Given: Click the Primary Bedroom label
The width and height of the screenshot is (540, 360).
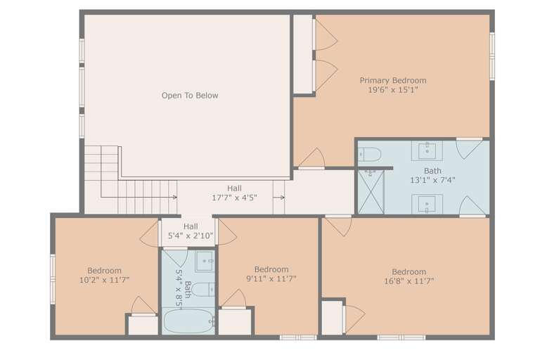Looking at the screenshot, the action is (393, 81).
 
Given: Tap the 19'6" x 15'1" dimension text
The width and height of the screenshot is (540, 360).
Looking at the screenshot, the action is (393, 90).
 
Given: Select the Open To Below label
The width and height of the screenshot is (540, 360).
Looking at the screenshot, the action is (190, 96).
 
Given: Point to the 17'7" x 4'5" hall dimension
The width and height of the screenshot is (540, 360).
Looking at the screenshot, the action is (234, 198).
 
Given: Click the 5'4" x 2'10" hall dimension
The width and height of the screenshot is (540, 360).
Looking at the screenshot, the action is (191, 236).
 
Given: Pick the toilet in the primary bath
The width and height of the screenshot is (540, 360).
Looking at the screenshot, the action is (370, 154).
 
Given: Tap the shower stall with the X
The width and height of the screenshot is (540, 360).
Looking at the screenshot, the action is (371, 192).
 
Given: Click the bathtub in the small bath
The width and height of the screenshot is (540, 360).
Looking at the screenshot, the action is (188, 321).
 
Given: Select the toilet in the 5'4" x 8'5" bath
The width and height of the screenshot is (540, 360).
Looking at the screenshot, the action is (203, 290).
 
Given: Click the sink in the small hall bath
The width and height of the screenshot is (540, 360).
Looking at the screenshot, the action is (205, 262).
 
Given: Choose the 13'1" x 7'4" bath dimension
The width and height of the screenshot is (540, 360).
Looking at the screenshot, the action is (432, 180).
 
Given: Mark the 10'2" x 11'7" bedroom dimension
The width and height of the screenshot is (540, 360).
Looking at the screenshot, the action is (104, 280).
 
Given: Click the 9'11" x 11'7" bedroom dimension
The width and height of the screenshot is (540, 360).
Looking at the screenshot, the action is (271, 278).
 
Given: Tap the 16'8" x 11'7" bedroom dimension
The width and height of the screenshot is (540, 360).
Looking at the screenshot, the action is (409, 281).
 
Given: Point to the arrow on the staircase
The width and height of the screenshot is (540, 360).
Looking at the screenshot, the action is (139, 197).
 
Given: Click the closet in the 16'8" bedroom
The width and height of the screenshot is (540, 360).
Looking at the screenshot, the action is (332, 317).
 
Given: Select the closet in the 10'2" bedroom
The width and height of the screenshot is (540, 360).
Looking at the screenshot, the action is (143, 325).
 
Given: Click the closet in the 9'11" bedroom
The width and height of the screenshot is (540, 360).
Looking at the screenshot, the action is (235, 322).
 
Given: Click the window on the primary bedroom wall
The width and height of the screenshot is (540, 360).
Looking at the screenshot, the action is (492, 56).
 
